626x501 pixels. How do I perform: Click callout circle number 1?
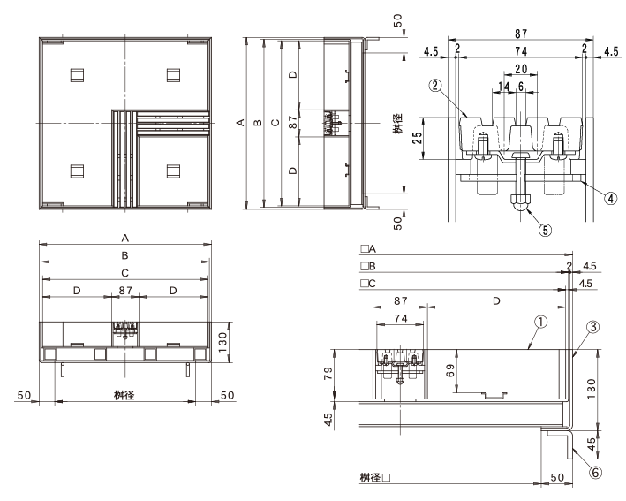tap(540, 322)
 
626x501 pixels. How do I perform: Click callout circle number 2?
tap(435, 85)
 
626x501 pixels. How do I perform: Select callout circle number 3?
tap(592, 327)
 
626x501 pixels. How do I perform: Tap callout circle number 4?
tap(611, 198)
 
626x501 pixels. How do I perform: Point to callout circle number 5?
tap(546, 230)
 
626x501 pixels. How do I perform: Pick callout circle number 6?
tap(595, 473)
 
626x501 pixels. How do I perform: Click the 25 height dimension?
tap(417, 138)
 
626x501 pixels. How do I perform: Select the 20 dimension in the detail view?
tap(521, 69)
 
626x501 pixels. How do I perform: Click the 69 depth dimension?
tap(450, 372)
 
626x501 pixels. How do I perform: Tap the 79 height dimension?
tap(328, 373)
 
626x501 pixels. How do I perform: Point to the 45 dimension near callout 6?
tap(592, 444)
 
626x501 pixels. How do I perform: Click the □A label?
tap(368, 249)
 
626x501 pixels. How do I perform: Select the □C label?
tap(368, 284)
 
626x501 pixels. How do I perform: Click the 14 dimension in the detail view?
tap(504, 87)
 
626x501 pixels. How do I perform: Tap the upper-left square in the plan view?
tap(77, 75)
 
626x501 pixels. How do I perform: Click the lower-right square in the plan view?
tap(173, 171)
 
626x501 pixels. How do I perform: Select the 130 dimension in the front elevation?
tap(222, 342)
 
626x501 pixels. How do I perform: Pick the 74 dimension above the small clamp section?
tap(401, 318)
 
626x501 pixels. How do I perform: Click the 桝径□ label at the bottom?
tap(375, 477)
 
